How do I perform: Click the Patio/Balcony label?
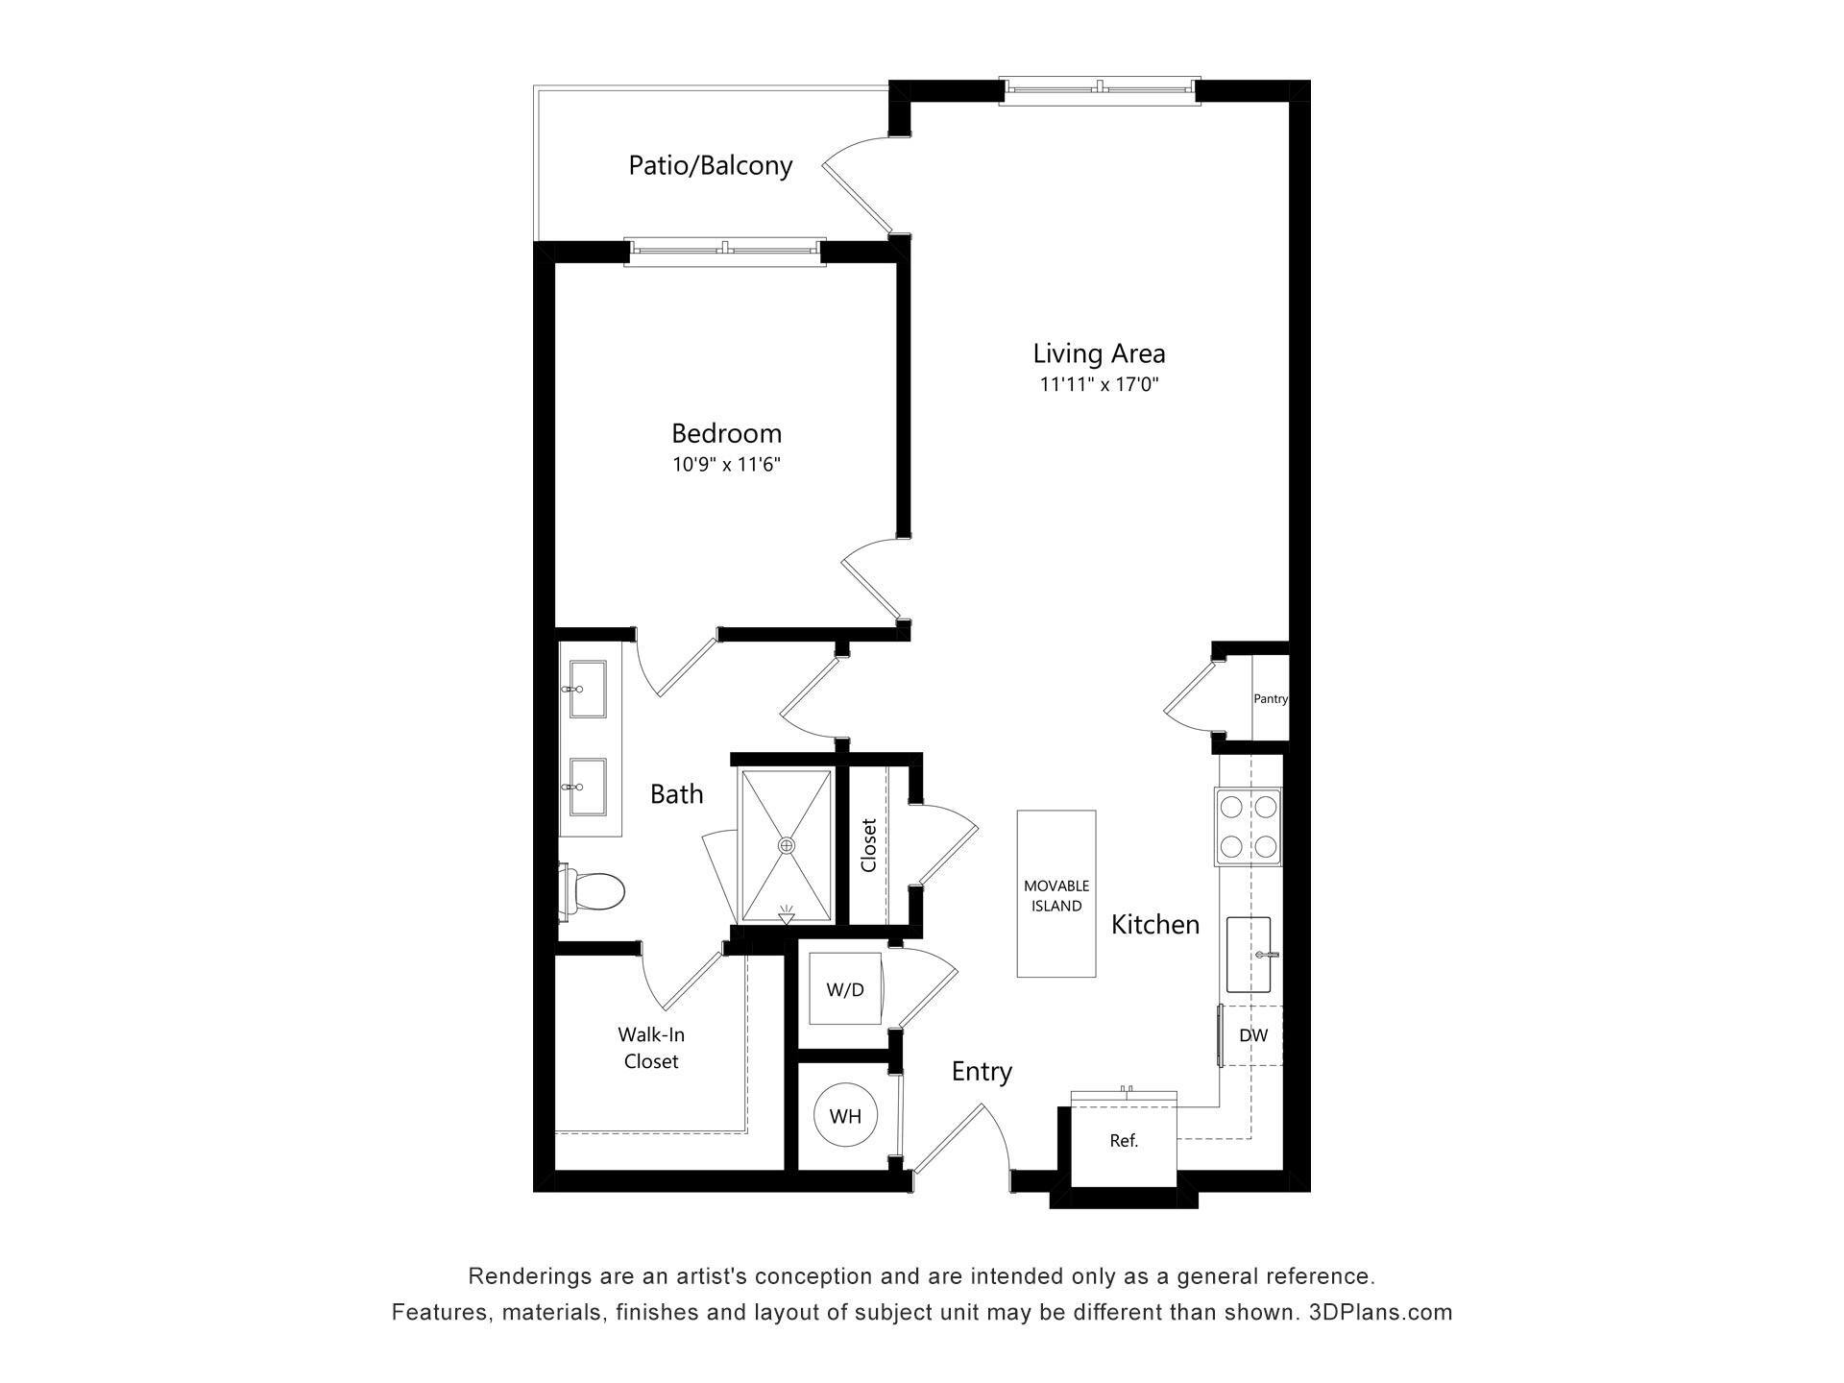tap(710, 165)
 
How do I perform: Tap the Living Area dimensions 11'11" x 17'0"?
tap(1099, 385)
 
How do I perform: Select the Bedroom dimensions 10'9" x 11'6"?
tap(726, 465)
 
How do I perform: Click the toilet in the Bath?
tap(595, 891)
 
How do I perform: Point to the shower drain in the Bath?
tap(787, 845)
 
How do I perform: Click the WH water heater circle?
tap(845, 1115)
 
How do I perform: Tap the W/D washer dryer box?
tap(845, 989)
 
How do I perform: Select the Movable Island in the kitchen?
tap(1056, 894)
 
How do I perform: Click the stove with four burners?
tap(1248, 826)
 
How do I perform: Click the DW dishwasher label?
tap(1252, 1035)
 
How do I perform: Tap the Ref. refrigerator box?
tap(1124, 1141)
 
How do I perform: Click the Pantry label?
tap(1270, 699)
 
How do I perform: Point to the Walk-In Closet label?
tap(651, 1048)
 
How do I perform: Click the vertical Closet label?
tap(869, 845)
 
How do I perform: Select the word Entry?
tap(982, 1072)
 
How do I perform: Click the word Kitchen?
tap(1155, 925)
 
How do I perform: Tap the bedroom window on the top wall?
tap(725, 251)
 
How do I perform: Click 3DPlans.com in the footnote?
tap(1380, 1312)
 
